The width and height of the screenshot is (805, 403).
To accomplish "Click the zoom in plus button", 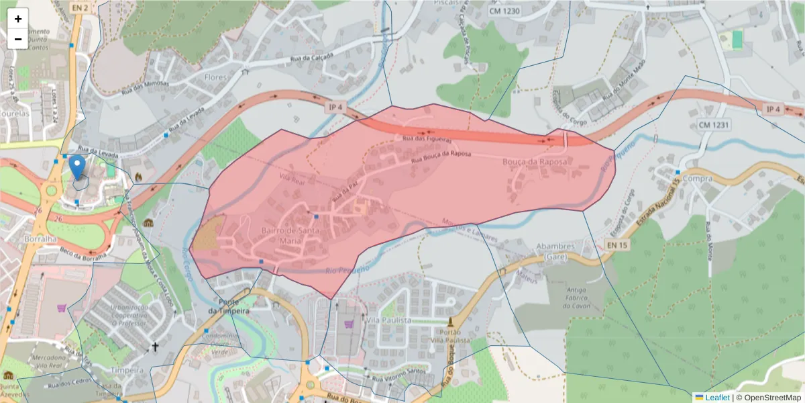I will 18,19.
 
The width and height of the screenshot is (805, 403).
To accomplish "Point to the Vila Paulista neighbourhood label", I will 388,321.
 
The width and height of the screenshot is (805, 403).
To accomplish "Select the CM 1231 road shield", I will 714,125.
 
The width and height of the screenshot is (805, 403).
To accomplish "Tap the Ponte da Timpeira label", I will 229,306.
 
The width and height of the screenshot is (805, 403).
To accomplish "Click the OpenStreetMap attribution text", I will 771,398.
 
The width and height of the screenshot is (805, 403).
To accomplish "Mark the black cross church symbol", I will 155,347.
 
